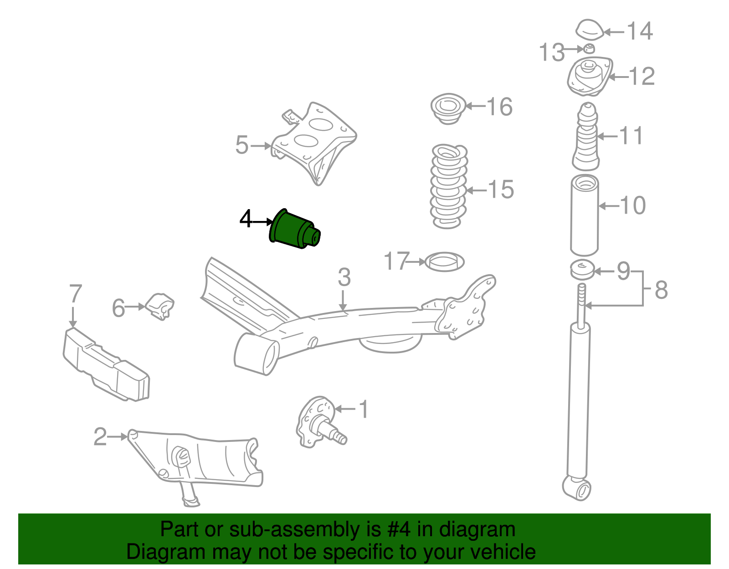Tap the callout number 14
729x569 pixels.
click(x=640, y=31)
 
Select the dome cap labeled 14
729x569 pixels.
click(x=589, y=30)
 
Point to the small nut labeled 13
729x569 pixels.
click(x=589, y=48)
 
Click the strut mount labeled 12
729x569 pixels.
click(x=590, y=76)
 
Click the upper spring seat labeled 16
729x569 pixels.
click(x=448, y=108)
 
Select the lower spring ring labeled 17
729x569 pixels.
click(x=444, y=262)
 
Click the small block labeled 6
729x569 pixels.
click(x=160, y=306)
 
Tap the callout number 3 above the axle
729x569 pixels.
click(x=344, y=277)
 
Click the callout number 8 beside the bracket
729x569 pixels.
click(x=661, y=290)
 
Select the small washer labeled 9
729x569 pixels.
click(x=582, y=270)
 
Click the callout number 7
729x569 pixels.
click(x=75, y=294)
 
